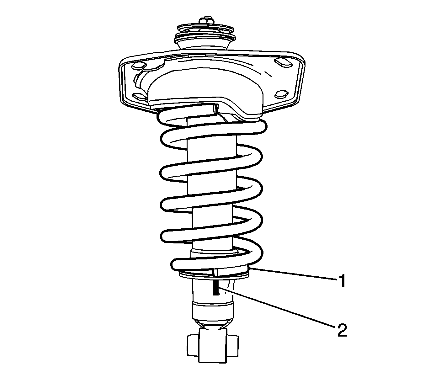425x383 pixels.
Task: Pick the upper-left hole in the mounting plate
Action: click(138, 66)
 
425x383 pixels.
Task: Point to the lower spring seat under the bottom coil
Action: click(214, 275)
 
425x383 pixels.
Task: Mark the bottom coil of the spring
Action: click(216, 262)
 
